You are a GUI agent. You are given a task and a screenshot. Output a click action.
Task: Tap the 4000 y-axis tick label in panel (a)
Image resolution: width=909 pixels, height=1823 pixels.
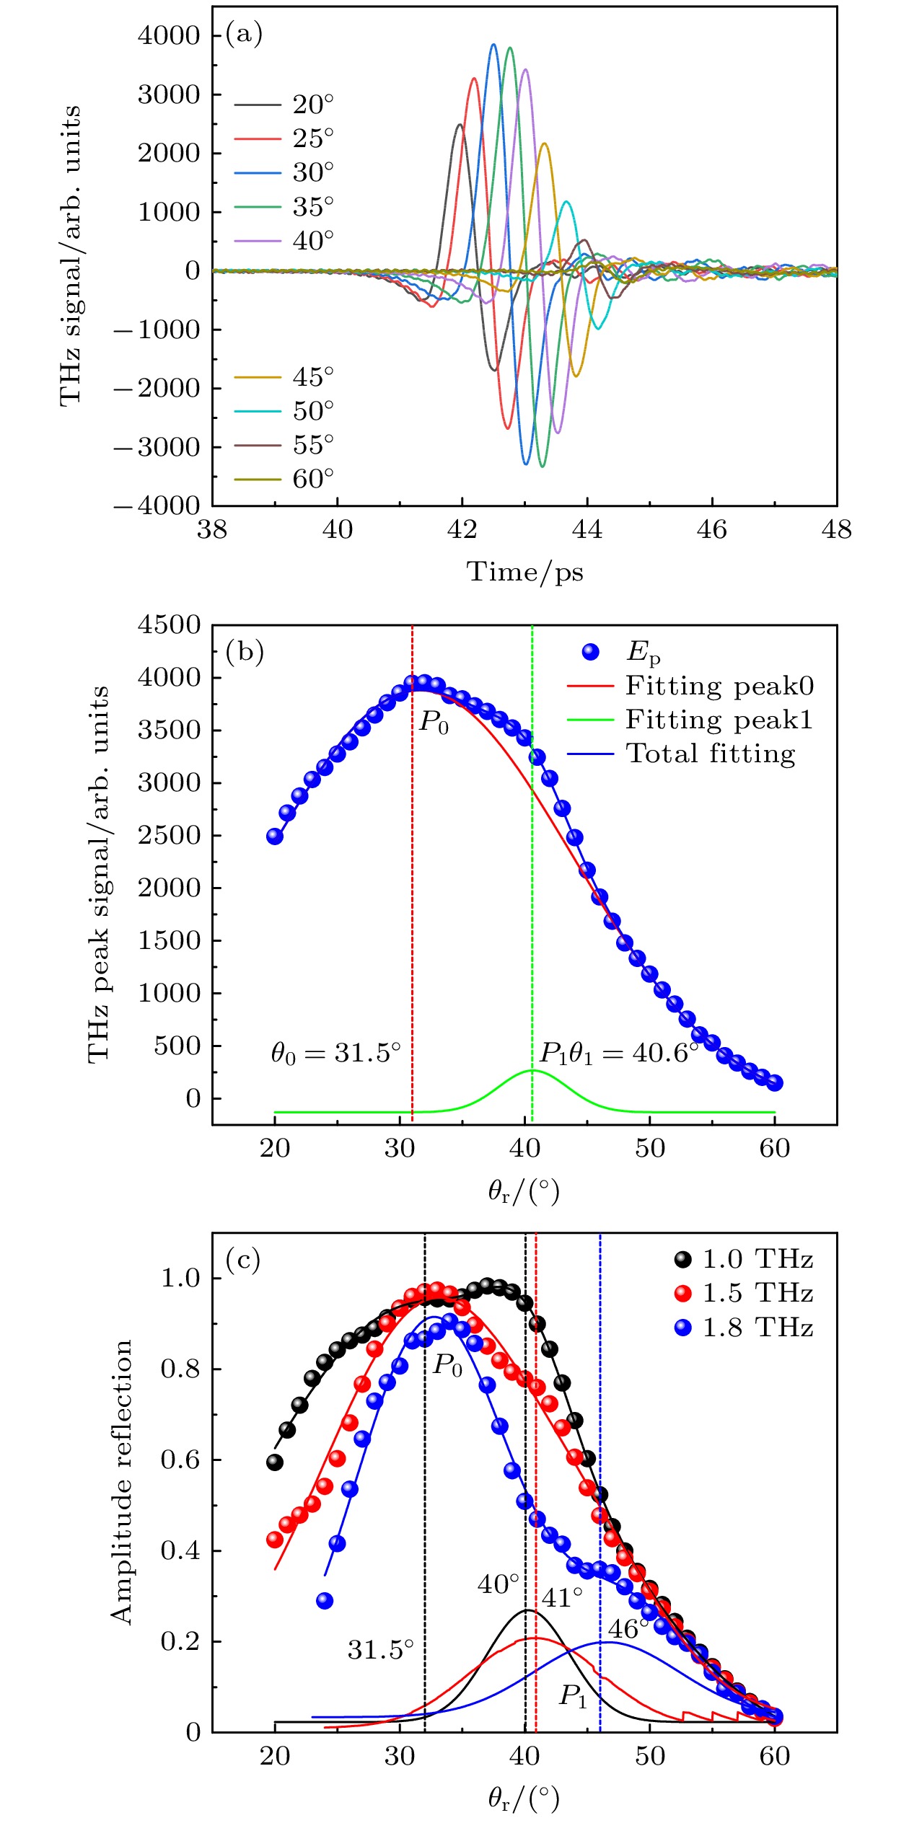(x=169, y=35)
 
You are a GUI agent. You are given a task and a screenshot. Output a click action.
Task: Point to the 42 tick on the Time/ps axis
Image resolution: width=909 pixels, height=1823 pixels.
(x=462, y=530)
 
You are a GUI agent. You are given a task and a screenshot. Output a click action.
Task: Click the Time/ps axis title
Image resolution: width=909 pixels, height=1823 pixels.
(x=524, y=572)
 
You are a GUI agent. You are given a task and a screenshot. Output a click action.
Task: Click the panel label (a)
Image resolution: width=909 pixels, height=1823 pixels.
(x=244, y=34)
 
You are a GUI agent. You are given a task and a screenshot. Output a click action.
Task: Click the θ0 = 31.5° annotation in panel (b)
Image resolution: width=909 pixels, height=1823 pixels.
(x=335, y=1054)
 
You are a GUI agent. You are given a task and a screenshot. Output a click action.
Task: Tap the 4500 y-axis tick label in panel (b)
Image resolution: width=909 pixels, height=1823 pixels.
(x=169, y=624)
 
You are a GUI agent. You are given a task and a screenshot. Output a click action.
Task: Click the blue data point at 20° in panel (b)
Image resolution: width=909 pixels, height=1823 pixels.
(x=275, y=837)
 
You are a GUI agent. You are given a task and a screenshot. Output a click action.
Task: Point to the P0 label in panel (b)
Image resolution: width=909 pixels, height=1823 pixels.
(x=434, y=721)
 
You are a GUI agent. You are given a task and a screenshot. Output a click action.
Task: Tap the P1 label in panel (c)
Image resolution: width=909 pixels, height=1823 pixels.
(x=574, y=1695)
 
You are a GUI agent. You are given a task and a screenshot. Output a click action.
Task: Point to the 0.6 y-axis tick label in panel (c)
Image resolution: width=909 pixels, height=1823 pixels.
(x=180, y=1460)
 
